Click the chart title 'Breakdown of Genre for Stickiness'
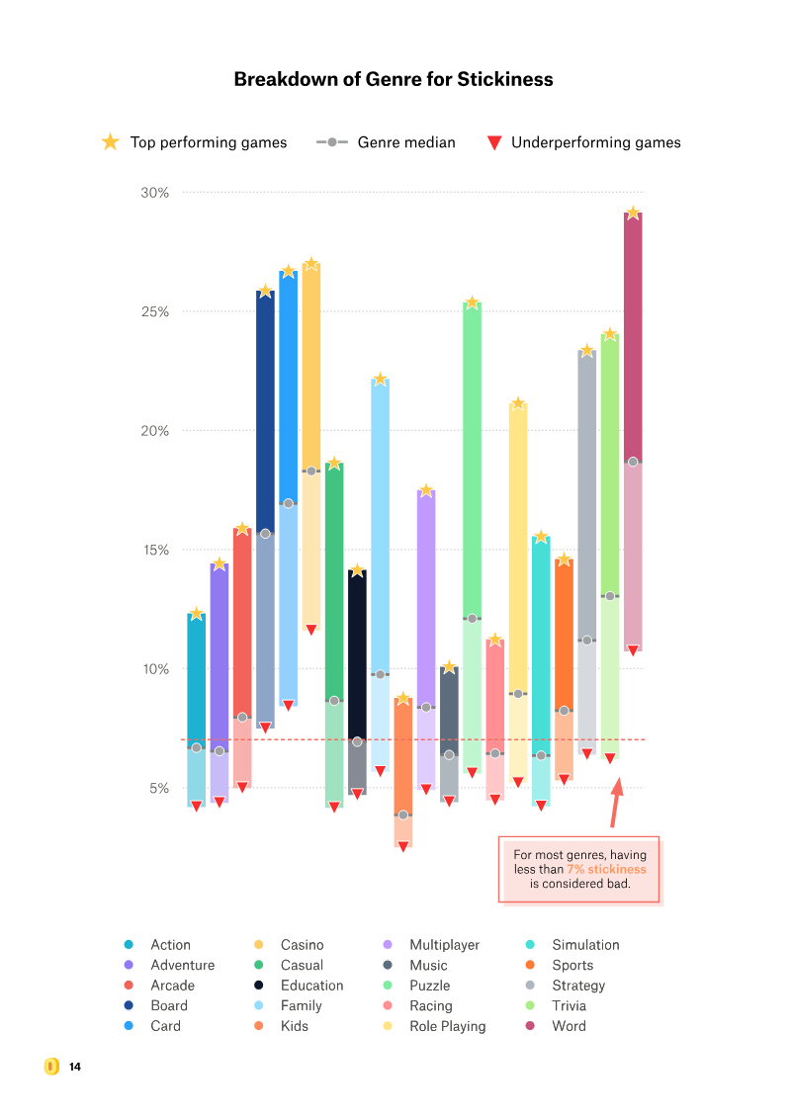pos(394,79)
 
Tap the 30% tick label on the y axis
pos(154,193)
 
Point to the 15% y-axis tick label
pos(154,551)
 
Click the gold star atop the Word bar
pos(633,213)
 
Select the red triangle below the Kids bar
pos(403,847)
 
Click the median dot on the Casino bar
pos(310,472)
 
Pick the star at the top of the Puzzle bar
pos(472,302)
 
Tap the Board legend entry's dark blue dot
pos(129,1006)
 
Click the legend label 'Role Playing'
pos(447,1026)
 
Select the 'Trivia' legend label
pos(571,1006)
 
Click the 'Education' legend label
pos(311,986)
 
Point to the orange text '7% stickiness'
pos(606,869)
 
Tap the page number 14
pos(75,1067)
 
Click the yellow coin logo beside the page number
pos(51,1067)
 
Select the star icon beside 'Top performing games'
pos(110,142)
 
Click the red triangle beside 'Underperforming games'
pos(494,143)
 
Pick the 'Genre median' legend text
pos(406,142)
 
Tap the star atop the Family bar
pos(380,380)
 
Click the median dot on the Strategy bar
pos(586,641)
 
